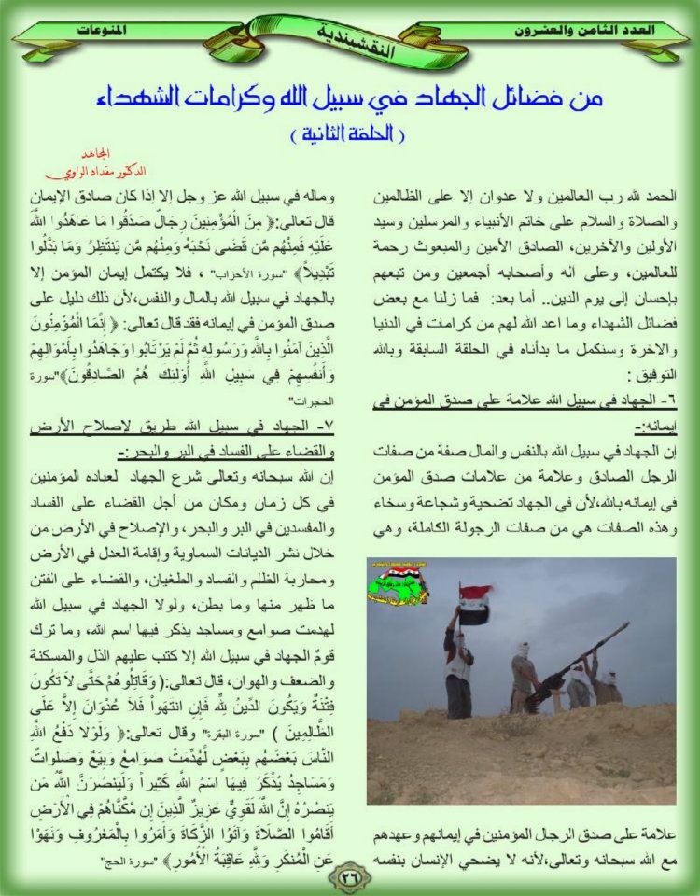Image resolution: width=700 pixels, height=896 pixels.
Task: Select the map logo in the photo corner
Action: click(x=399, y=583)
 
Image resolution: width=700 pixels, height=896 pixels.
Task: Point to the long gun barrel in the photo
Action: click(x=579, y=658)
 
